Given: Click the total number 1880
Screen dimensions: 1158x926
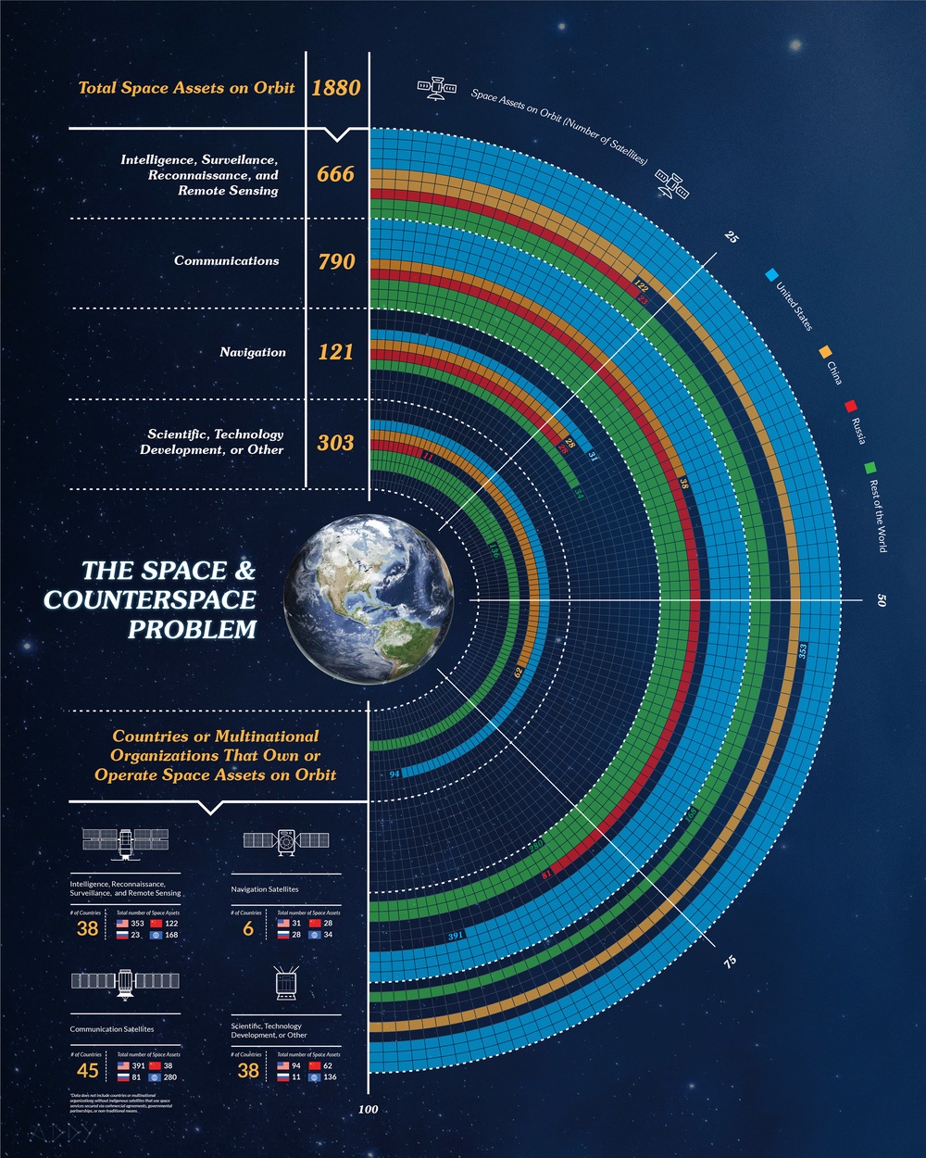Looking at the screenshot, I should point(335,88).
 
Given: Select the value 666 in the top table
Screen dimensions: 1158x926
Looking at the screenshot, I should point(335,174).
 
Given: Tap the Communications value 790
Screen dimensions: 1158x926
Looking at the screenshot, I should point(335,262).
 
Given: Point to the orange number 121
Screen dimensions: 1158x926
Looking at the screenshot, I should point(335,352).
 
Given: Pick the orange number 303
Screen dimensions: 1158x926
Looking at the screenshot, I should point(335,443).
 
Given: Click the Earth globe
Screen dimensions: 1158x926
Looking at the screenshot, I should point(369,599).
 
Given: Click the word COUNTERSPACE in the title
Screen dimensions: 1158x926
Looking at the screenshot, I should point(150,599).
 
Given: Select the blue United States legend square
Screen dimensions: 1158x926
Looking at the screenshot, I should point(771,275).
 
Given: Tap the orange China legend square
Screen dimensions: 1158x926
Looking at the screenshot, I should point(822,352).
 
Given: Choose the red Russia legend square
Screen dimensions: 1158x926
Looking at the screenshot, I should point(850,406).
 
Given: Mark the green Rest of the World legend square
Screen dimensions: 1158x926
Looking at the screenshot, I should point(870,467).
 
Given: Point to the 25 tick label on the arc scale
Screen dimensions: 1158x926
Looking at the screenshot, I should point(732,237).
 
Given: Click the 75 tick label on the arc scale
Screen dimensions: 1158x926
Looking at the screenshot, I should point(731,962).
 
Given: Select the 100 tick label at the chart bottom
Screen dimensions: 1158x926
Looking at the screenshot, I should point(369,1109).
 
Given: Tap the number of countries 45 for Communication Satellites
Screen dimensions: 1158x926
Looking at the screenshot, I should point(88,1071).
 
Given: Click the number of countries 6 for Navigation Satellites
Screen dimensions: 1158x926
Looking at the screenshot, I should point(248,929).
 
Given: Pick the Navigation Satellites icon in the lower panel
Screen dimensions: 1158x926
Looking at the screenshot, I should point(285,841).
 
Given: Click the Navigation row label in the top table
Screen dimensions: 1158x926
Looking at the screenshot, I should point(253,352).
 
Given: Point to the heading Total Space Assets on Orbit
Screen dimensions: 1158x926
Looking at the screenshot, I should point(186,88).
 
